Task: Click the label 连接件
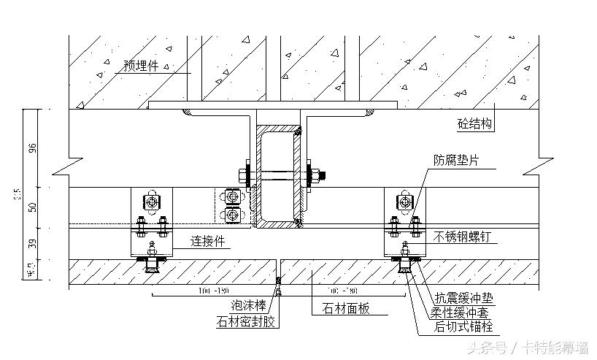207,240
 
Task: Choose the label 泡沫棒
248,307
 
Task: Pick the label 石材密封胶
246,321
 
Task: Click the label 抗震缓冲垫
465,297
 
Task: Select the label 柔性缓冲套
465,311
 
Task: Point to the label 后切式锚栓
465,326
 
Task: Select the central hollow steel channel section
278,175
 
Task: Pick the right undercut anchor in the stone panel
404,267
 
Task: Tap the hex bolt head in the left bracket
152,202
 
